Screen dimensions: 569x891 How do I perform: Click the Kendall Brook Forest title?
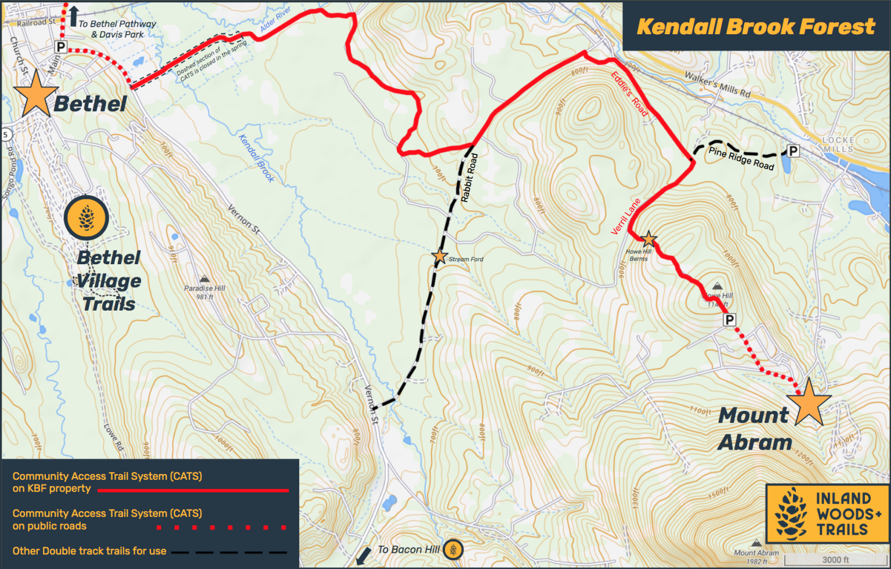[755, 27]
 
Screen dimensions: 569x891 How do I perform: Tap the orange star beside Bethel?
[36, 94]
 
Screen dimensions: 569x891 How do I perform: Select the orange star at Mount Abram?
[809, 402]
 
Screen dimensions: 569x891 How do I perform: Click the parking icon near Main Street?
[61, 47]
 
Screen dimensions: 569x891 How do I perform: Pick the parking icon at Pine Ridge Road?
[792, 151]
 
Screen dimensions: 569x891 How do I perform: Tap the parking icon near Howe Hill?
[729, 319]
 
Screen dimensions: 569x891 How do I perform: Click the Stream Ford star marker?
[440, 256]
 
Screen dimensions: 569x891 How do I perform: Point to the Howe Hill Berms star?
[649, 239]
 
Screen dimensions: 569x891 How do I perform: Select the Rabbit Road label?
[469, 178]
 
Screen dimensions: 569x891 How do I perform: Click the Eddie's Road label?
[629, 94]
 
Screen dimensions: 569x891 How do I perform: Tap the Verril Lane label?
[626, 217]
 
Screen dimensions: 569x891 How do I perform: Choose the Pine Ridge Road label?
[741, 158]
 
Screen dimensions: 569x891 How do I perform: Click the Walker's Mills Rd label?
[717, 84]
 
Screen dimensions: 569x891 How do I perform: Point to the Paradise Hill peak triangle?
[204, 279]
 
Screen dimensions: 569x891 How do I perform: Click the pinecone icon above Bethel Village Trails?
[86, 218]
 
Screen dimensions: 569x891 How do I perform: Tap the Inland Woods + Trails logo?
[828, 513]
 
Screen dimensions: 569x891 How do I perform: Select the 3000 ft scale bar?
[835, 560]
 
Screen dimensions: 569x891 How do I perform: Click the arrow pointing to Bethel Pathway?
[73, 16]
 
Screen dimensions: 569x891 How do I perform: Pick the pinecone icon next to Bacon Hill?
[453, 549]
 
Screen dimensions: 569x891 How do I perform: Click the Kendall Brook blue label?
[256, 158]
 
